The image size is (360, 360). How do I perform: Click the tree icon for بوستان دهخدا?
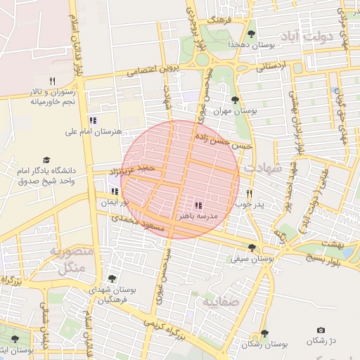pyautogui.click(x=251, y=33)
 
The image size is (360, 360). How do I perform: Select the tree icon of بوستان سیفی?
pyautogui.click(x=252, y=247)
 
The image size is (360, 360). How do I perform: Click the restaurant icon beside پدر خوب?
pyautogui.click(x=249, y=193)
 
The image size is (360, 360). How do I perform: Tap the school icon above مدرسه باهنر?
pyautogui.click(x=199, y=206)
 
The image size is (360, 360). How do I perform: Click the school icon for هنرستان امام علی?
pyautogui.click(x=93, y=120)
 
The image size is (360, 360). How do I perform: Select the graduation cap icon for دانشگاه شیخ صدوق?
pyautogui.click(x=47, y=160)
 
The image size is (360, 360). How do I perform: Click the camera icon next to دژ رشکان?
pyautogui.click(x=321, y=330)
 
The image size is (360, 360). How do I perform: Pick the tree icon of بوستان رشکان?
pyautogui.click(x=264, y=333)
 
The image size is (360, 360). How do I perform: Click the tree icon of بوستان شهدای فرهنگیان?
pyautogui.click(x=112, y=279)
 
